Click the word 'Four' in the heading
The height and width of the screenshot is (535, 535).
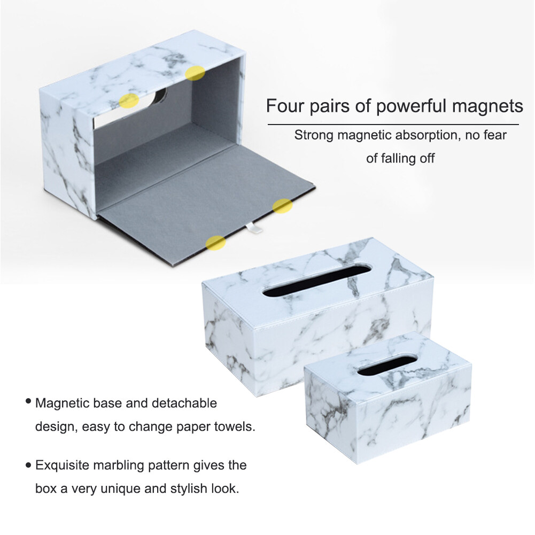(285, 106)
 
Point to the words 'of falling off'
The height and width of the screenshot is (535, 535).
(400, 158)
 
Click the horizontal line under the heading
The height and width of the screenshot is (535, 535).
(393, 125)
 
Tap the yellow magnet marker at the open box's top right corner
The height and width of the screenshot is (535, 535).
(195, 73)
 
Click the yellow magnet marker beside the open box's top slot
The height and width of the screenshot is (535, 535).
(129, 100)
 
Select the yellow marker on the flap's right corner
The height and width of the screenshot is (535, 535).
(283, 206)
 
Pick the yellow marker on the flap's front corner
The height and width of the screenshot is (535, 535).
(215, 243)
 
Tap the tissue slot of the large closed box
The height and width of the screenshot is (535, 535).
(316, 280)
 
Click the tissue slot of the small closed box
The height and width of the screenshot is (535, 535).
(387, 366)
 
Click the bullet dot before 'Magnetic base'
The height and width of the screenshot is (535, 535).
(28, 401)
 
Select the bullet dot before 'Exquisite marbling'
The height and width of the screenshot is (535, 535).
(28, 464)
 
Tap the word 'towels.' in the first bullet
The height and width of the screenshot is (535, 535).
(235, 427)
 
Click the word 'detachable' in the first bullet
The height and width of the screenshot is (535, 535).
(184, 404)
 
